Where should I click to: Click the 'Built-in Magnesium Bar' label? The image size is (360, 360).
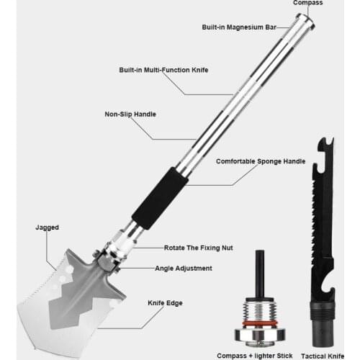click(239, 27)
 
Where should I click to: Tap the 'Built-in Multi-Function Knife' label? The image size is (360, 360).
click(163, 70)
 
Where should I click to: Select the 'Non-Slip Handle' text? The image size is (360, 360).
click(130, 114)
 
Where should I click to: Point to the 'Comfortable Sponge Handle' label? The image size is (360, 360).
click(261, 161)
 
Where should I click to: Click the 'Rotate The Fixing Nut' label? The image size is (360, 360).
click(199, 248)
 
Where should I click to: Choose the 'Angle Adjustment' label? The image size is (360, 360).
click(184, 268)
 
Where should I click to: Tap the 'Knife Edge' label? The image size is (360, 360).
click(165, 303)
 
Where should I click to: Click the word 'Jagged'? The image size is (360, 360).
click(47, 228)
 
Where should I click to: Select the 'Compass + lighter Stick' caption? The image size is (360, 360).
click(255, 356)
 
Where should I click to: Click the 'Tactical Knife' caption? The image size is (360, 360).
click(323, 356)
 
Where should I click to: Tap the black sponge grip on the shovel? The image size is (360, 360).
click(160, 198)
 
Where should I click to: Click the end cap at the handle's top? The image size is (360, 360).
click(305, 22)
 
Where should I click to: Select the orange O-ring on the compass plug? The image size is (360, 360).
click(260, 323)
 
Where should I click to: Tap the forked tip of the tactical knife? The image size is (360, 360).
click(325, 143)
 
